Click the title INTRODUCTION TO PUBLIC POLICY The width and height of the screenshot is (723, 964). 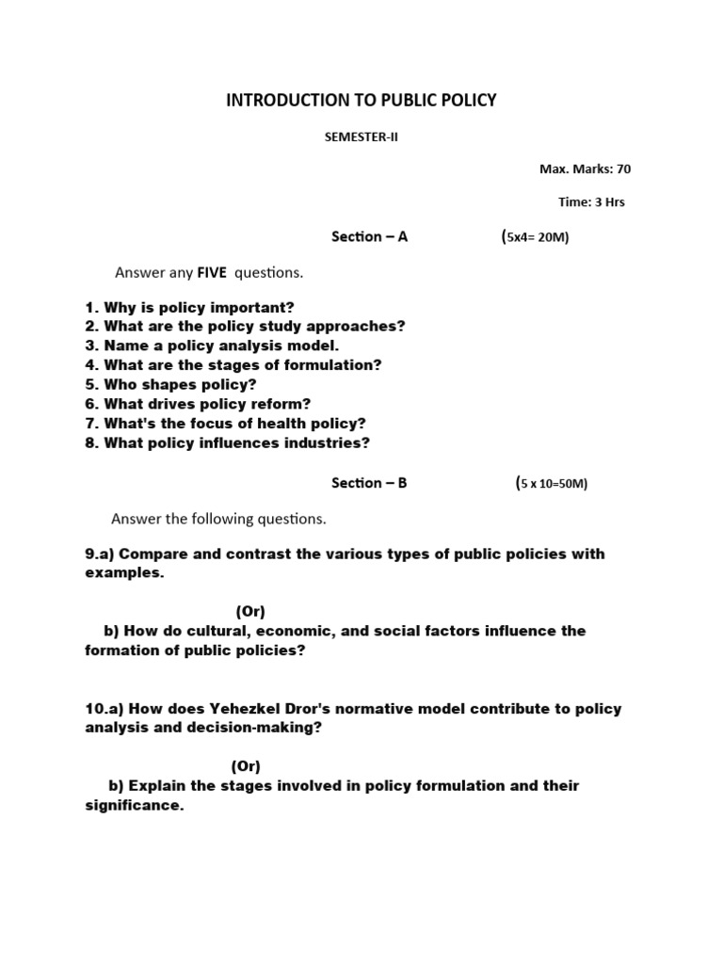(x=361, y=100)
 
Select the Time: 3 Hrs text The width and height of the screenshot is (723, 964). (x=591, y=201)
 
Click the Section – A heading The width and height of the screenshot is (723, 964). (x=369, y=237)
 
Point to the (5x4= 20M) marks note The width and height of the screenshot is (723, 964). (x=536, y=237)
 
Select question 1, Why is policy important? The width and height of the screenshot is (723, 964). (x=189, y=307)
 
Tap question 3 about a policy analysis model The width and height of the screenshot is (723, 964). (x=212, y=345)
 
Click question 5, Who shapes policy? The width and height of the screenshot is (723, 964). (x=170, y=384)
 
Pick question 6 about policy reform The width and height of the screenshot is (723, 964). (x=198, y=404)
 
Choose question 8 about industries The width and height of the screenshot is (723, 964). (x=227, y=442)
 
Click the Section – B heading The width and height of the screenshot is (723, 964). (x=369, y=483)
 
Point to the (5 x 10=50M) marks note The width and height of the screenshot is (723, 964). (x=551, y=484)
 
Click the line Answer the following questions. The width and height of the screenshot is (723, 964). (x=218, y=519)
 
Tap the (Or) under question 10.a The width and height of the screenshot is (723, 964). (x=246, y=766)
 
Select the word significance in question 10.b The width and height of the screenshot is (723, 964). (x=132, y=806)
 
